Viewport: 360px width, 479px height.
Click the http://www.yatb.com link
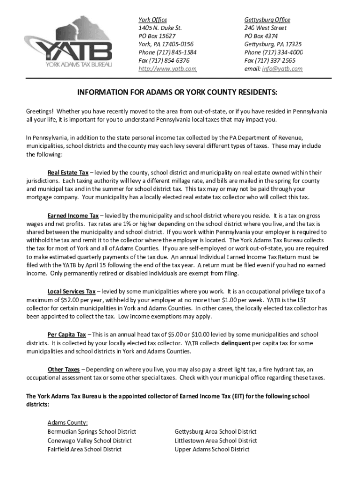pyautogui.click(x=167, y=69)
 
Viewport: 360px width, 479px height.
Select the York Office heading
pyautogui.click(x=152, y=20)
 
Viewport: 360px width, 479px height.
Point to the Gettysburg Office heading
pyautogui.click(x=267, y=20)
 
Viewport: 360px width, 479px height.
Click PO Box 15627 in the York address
pyautogui.click(x=157, y=36)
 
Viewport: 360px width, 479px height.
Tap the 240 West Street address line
pyautogui.click(x=265, y=28)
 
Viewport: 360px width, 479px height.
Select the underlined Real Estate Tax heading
pyautogui.click(x=68, y=173)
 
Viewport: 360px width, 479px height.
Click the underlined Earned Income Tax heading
pyautogui.click(x=73, y=216)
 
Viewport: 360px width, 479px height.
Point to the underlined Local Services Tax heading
pyautogui.click(x=72, y=291)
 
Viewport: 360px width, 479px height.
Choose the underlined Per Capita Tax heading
pyautogui.click(x=66, y=334)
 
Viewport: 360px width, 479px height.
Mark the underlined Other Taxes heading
pyautogui.click(x=64, y=369)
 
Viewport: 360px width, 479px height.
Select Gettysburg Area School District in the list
pyautogui.click(x=216, y=432)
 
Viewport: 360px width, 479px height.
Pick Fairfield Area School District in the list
pyautogui.click(x=84, y=449)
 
